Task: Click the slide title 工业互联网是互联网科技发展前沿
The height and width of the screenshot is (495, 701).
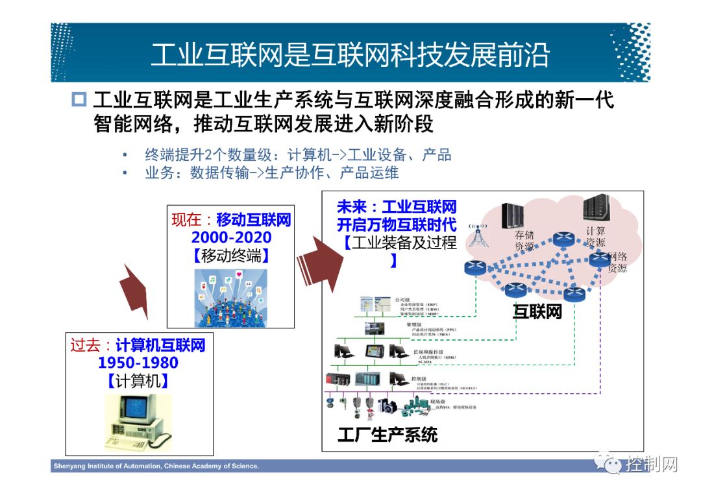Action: (x=350, y=56)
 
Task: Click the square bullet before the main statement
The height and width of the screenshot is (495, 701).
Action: (x=79, y=101)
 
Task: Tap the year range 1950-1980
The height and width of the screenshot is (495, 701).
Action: (x=138, y=363)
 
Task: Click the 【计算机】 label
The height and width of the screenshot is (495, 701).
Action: (x=138, y=381)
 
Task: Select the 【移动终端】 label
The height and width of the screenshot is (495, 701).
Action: (x=231, y=255)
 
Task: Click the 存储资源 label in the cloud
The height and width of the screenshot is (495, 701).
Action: (x=524, y=241)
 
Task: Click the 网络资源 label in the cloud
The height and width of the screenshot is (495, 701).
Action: (x=617, y=262)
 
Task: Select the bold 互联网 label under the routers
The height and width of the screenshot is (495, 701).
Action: (x=537, y=312)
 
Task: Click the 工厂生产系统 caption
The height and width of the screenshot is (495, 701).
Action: (x=387, y=434)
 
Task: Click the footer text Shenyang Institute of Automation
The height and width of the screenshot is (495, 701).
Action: (x=156, y=466)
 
